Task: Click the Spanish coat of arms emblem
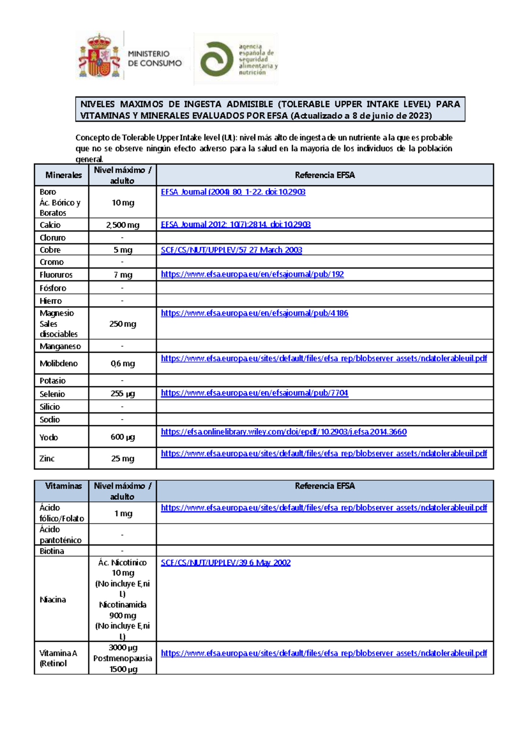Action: pos(99,56)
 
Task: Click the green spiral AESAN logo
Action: pos(216,59)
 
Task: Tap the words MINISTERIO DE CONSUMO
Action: pos(154,59)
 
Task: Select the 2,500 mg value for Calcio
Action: pos(122,225)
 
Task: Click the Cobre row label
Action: pos(50,250)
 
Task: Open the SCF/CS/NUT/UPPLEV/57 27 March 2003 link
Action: pos(231,250)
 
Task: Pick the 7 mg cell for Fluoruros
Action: pos(123,275)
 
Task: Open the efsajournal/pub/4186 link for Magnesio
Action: pos(254,313)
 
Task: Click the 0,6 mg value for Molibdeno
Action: pos(123,363)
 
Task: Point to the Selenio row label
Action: pos(52,394)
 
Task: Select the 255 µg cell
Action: pos(123,394)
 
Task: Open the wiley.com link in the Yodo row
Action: pos(284,432)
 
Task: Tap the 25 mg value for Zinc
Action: pos(123,458)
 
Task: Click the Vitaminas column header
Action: pos(63,486)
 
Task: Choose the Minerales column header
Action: pos(63,175)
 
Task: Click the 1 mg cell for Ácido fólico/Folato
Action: pos(123,513)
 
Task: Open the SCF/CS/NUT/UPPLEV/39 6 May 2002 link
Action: pos(226,563)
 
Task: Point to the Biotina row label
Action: pos(52,551)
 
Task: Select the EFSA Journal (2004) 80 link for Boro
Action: pos(233,192)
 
